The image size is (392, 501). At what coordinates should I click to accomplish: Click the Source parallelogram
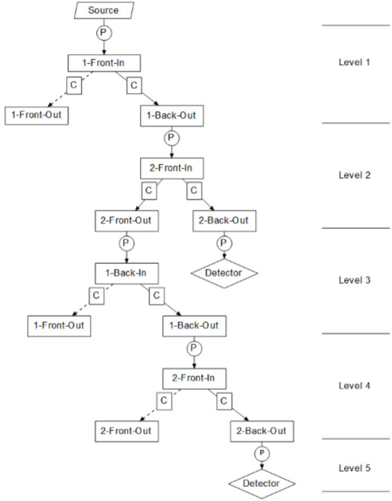point(104,10)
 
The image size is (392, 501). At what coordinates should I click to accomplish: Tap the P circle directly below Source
point(104,33)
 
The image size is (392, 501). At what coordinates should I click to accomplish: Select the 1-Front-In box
point(104,63)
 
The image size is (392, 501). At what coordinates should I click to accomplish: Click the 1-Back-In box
point(126,274)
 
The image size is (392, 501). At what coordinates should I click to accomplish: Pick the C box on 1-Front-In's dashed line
point(74,85)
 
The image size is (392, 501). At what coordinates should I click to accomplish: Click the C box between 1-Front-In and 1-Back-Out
point(134,85)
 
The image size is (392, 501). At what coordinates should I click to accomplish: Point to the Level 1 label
point(355,62)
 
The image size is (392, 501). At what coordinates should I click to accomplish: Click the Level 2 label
point(355,175)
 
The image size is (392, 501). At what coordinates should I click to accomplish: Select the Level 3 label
point(355,280)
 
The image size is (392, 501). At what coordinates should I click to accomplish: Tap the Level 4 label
point(355,386)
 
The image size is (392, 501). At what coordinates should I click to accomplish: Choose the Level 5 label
point(355,468)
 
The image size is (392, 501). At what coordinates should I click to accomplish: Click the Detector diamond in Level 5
point(262,484)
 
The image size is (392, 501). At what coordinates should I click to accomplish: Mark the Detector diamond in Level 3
point(224,274)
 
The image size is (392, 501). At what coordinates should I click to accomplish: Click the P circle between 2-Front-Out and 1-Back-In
point(126,243)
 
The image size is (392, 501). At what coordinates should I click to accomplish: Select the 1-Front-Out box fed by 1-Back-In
point(59,326)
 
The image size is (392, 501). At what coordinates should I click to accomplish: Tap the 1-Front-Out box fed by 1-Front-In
point(37,115)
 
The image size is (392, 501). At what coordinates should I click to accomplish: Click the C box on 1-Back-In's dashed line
point(96,296)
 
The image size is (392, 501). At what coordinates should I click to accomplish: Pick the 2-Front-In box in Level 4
point(194,379)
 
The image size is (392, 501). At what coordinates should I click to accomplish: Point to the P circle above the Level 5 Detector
point(262,453)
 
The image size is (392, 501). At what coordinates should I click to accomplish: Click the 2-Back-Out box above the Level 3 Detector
point(224,221)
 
